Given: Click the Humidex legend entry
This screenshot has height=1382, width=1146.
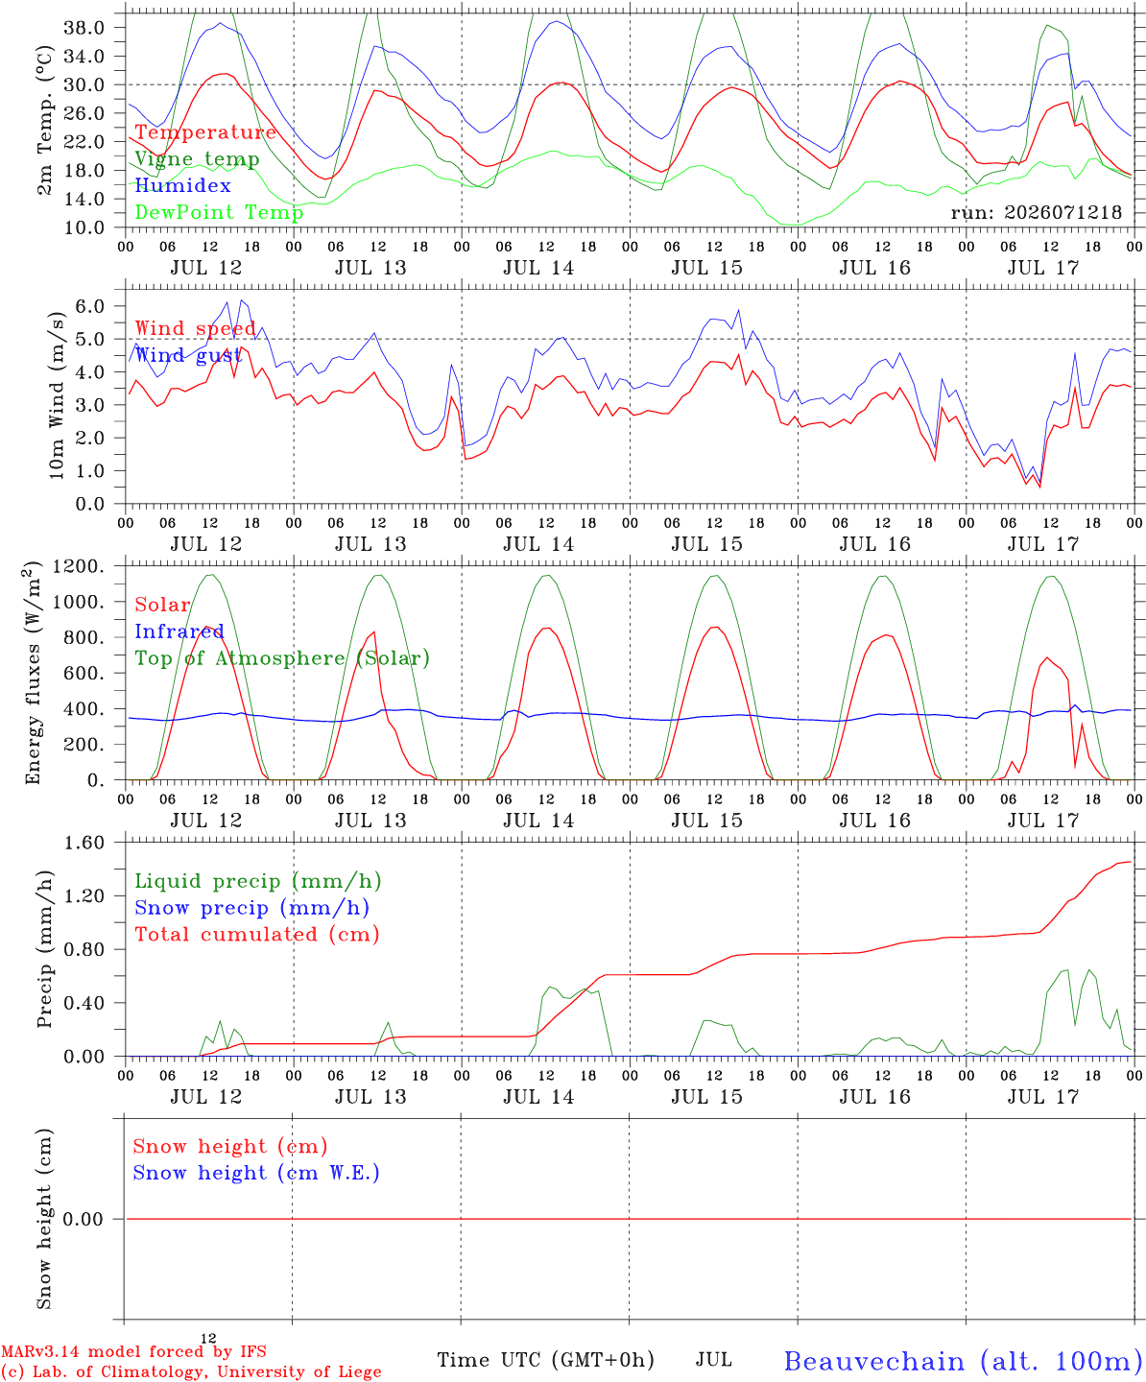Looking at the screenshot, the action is point(182,185).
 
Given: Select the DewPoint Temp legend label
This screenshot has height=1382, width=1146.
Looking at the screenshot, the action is point(219,212).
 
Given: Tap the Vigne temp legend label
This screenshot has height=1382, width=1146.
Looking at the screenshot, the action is point(197,159).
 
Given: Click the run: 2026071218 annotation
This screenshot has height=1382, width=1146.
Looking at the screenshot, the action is point(1036,212).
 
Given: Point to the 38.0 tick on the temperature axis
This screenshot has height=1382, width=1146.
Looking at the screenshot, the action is point(84,28).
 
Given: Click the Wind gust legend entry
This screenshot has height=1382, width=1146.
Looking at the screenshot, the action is point(188,355).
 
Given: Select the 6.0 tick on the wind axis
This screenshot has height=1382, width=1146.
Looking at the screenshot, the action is point(90,306).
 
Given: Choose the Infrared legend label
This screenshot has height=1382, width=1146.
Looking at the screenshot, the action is point(179,631).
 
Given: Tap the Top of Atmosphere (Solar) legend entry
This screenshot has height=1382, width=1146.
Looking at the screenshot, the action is point(283,658).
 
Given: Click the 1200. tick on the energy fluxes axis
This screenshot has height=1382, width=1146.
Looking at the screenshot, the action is point(79,566).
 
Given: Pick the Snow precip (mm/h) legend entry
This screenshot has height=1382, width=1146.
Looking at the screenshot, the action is point(251,908).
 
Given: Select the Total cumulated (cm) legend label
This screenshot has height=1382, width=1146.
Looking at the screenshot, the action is point(257,935).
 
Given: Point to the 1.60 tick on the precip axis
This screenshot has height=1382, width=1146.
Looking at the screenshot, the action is point(84,843).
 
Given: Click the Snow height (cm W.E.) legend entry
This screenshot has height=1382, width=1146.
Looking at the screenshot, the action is point(256,1173).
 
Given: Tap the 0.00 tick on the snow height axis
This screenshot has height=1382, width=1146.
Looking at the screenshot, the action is point(83,1219).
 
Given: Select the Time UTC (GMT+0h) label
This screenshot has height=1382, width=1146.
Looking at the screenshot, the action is point(545,1360).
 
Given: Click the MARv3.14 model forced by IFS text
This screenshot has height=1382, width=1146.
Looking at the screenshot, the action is point(133,1351).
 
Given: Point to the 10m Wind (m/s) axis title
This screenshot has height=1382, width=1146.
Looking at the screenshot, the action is point(57,395).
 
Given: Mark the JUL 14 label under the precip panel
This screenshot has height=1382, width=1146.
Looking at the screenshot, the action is point(538,1097).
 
